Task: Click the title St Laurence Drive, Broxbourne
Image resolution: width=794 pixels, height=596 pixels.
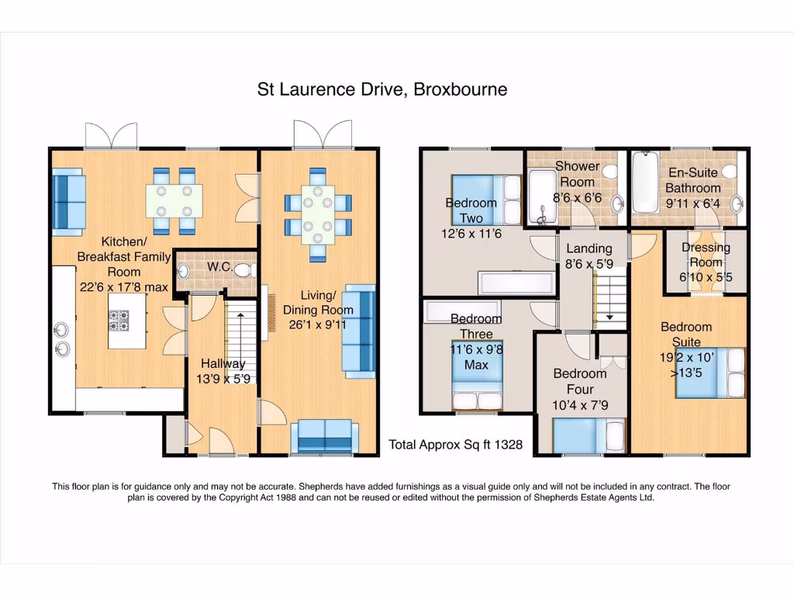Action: (x=382, y=89)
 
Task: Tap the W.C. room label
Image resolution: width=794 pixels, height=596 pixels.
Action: (x=219, y=267)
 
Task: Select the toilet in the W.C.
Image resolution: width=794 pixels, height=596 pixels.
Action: (x=246, y=270)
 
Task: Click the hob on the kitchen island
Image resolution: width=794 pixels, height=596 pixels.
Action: (x=119, y=321)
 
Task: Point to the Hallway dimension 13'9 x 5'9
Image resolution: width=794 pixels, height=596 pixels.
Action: (x=223, y=379)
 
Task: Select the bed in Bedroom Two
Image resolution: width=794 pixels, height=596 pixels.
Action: (x=486, y=200)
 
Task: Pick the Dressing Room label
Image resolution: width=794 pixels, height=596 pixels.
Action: (x=706, y=255)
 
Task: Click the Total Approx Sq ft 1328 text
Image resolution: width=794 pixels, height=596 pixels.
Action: (x=455, y=445)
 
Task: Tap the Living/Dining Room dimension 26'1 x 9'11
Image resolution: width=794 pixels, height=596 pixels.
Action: (x=317, y=324)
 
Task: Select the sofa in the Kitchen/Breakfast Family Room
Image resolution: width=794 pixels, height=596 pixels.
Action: (x=68, y=203)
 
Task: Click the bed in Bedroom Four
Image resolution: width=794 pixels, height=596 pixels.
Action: (x=589, y=435)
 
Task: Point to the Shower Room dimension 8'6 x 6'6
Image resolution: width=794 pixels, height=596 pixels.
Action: (x=577, y=197)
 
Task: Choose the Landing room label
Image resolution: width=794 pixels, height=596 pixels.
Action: (x=589, y=248)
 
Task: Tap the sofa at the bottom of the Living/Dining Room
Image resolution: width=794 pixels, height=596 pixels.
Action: (x=325, y=436)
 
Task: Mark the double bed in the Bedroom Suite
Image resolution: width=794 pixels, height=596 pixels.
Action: (x=710, y=373)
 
